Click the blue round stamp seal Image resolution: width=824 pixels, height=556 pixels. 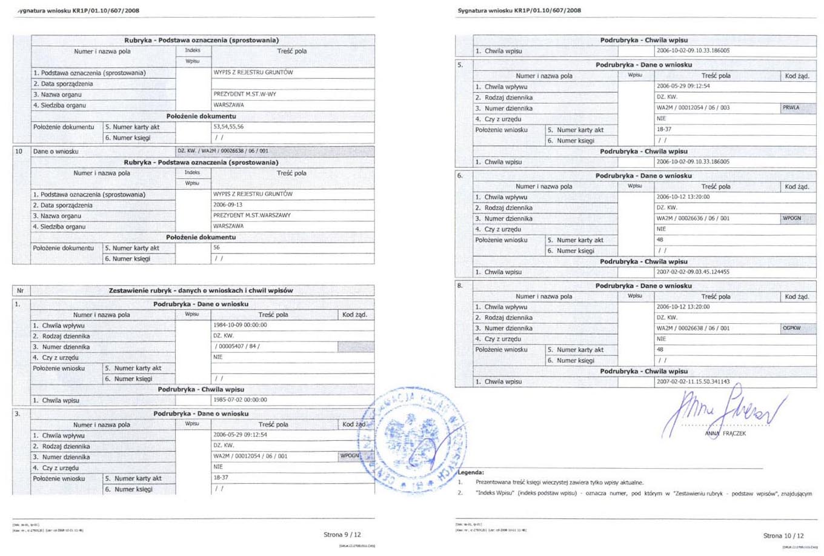[x=412, y=438]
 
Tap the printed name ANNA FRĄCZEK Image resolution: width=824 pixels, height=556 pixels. [x=725, y=434]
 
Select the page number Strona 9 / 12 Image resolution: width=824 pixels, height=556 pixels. [x=342, y=535]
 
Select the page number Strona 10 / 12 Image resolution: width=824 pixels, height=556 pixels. [x=783, y=535]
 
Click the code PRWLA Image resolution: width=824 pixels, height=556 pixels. [x=791, y=108]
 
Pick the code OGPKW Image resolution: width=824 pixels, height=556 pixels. [x=791, y=328]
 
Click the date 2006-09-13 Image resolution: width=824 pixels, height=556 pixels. [x=228, y=205]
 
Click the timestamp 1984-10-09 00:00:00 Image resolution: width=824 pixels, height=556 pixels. [x=240, y=325]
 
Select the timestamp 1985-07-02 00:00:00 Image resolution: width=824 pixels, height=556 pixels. [x=240, y=400]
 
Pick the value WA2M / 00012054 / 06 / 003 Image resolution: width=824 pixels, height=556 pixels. [x=693, y=108]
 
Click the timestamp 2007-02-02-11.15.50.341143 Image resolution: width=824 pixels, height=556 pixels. [x=693, y=382]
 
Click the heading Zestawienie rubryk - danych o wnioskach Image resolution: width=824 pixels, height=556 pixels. [x=201, y=290]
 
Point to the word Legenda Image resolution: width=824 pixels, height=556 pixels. [x=471, y=472]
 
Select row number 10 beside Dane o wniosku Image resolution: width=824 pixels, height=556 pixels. [x=19, y=151]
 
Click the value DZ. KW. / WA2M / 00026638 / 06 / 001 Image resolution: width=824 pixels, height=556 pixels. [x=222, y=151]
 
